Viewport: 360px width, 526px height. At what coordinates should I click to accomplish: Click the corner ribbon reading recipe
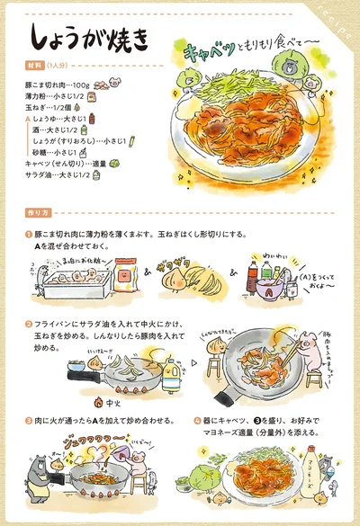click(340, 19)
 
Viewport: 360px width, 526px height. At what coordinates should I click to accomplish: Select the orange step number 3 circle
click(29, 419)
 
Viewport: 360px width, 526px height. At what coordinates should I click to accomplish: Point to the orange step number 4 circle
click(197, 419)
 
